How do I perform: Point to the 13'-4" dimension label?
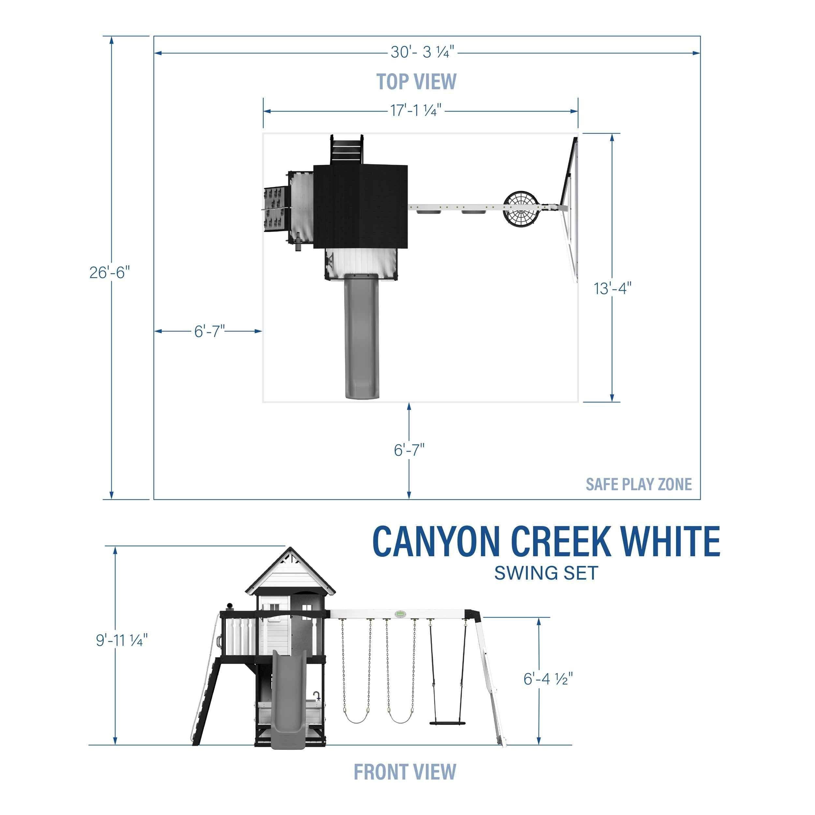[613, 289]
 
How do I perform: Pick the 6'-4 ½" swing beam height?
[548, 679]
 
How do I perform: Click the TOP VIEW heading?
[416, 81]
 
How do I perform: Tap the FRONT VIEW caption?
[405, 772]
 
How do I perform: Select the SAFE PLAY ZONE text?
[639, 484]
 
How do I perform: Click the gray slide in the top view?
[362, 337]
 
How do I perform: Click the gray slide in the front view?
[288, 700]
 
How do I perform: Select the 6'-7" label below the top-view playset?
[409, 450]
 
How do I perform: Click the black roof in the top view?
[361, 207]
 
